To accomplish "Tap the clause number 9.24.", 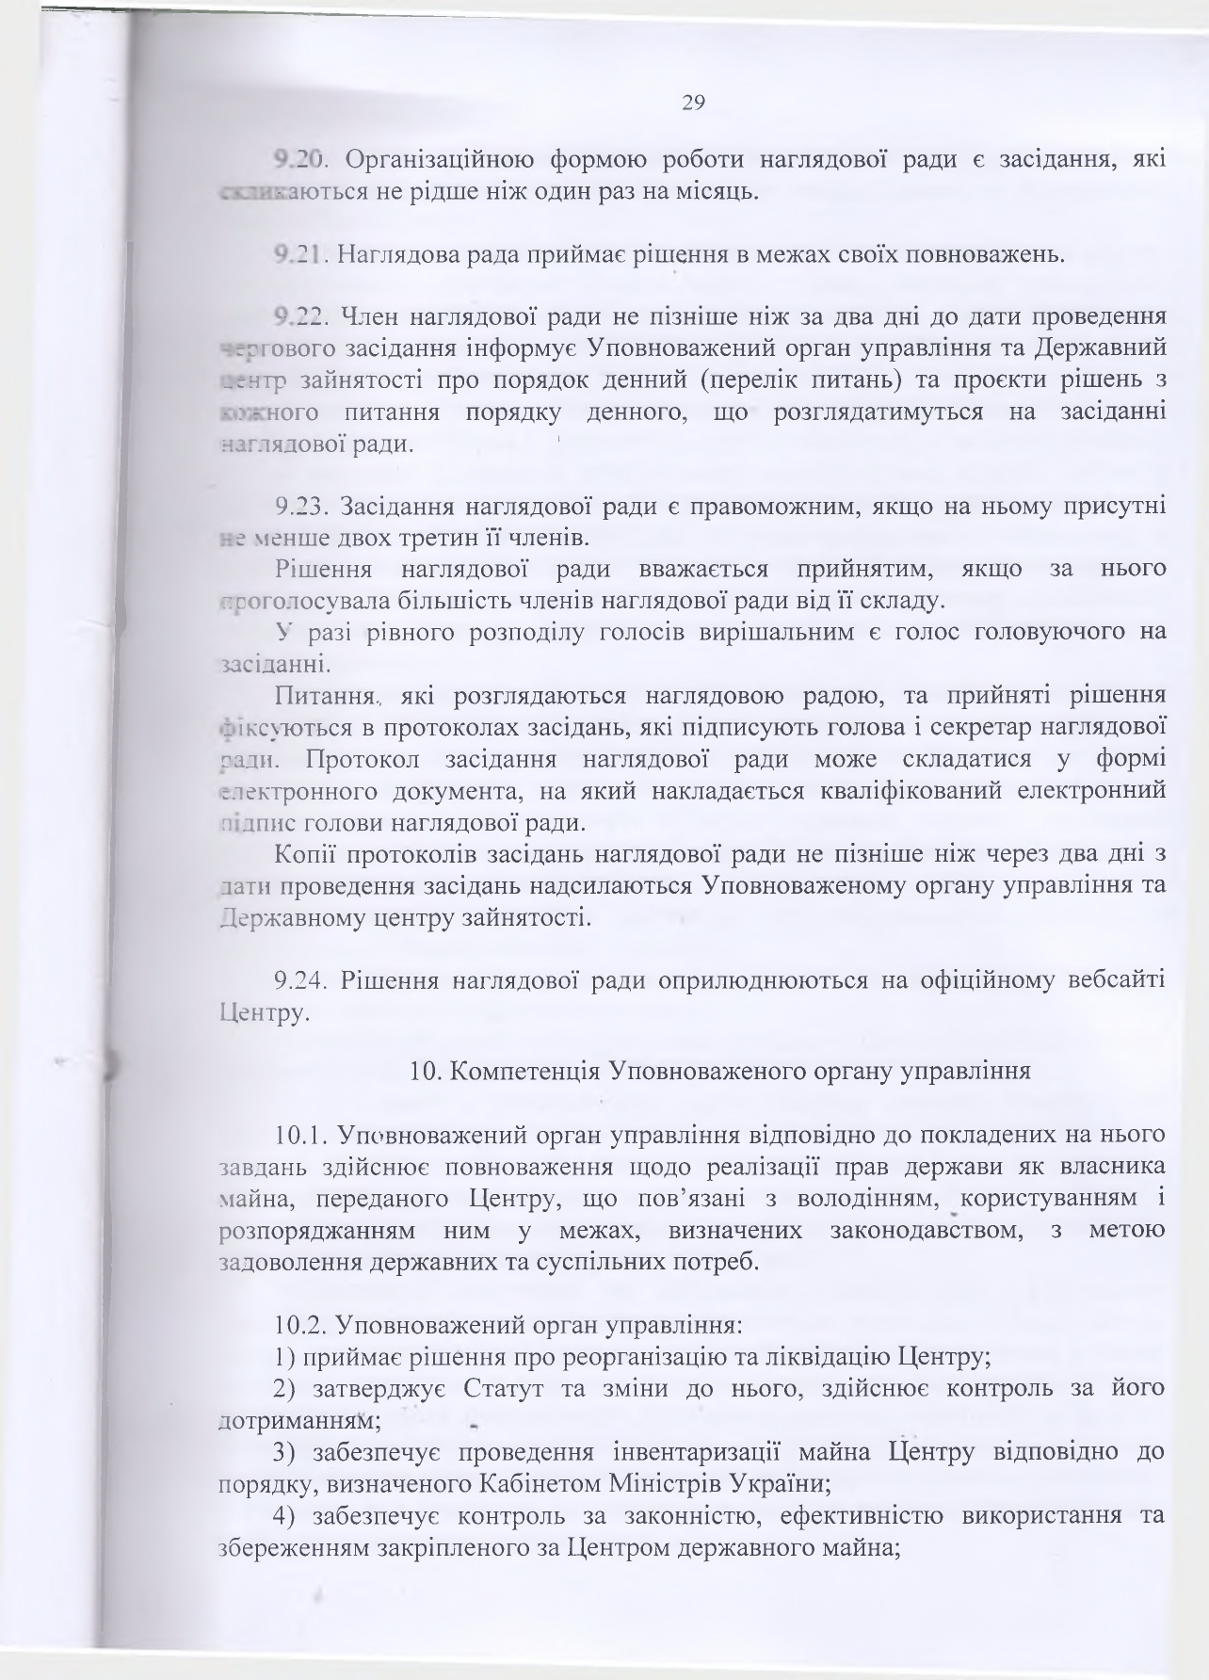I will [x=300, y=981].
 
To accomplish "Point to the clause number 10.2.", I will [x=300, y=1326].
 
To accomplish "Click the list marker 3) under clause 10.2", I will [x=284, y=1452].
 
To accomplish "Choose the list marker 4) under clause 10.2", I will [x=284, y=1516].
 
